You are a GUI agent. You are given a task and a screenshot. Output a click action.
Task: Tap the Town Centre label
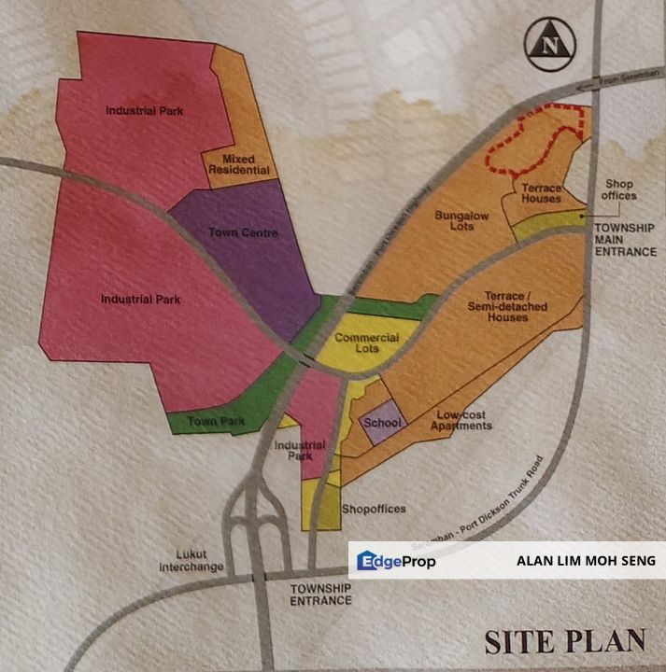click(x=243, y=232)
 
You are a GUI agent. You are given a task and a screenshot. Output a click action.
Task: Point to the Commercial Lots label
click(x=367, y=343)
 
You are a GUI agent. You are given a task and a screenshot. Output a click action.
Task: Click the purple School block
click(x=382, y=424)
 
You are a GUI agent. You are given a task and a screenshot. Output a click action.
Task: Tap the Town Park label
click(x=216, y=422)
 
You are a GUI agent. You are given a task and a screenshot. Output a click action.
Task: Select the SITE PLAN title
click(x=565, y=641)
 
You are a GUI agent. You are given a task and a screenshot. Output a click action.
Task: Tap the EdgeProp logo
click(x=396, y=561)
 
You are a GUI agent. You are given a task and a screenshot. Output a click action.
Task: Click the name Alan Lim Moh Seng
click(x=586, y=561)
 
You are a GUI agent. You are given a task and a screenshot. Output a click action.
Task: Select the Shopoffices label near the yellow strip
click(x=374, y=509)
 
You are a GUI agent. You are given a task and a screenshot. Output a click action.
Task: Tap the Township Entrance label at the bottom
click(x=320, y=595)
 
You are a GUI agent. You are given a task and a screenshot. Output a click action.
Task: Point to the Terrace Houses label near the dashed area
click(x=542, y=193)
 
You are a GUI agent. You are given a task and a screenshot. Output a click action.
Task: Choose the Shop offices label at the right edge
click(x=619, y=189)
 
